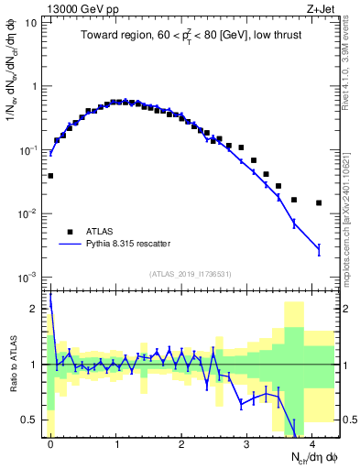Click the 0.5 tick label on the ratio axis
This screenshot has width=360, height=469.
click(x=34, y=420)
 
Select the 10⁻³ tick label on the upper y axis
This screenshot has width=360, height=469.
click(x=30, y=277)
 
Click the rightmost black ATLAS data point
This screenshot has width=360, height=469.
click(x=319, y=202)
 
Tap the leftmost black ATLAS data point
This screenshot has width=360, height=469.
click(x=50, y=175)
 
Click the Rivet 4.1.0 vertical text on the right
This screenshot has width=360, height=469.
click(x=352, y=64)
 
